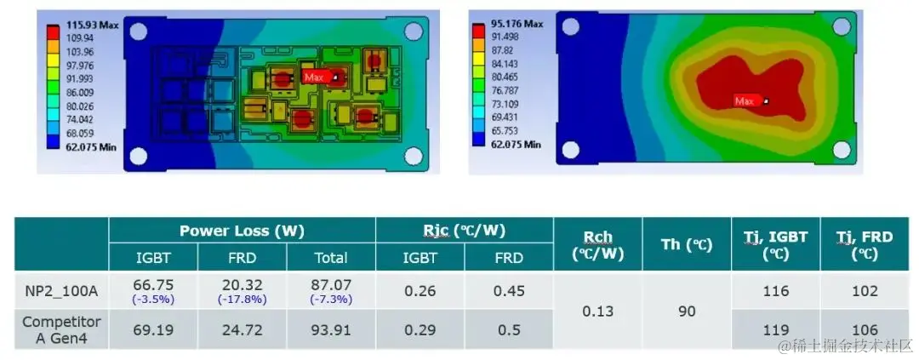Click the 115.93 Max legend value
93,26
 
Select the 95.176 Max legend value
515,24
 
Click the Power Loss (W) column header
242,231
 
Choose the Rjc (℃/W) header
465,231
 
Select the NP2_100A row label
61,291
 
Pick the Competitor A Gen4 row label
61,329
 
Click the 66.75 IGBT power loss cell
153,285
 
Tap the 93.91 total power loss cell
331,329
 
